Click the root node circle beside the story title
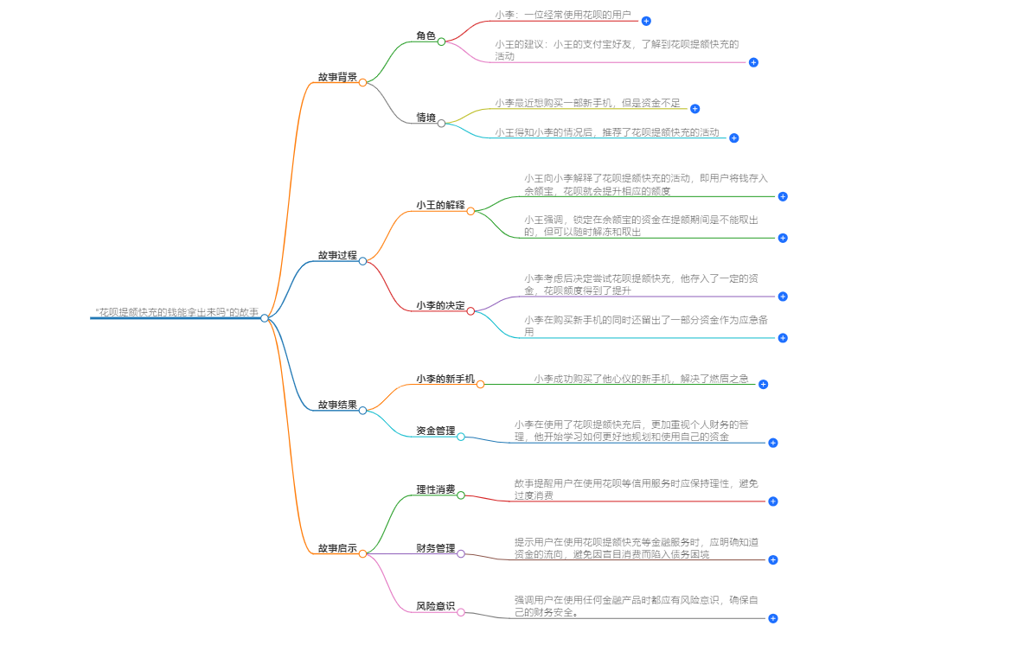click(x=265, y=318)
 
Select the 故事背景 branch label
click(x=337, y=77)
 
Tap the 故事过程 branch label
click(x=337, y=255)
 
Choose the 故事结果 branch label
click(x=337, y=405)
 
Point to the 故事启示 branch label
click(x=337, y=548)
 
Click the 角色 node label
click(x=426, y=36)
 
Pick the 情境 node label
click(x=426, y=118)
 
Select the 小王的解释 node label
click(x=440, y=205)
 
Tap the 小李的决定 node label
click(x=440, y=305)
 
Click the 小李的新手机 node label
click(x=445, y=379)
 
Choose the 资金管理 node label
click(x=435, y=431)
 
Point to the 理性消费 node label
click(x=435, y=489)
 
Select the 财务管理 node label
click(x=435, y=548)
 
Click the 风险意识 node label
click(x=435, y=606)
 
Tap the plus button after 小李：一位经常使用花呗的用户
click(x=646, y=21)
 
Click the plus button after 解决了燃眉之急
click(x=763, y=384)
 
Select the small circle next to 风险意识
click(x=461, y=612)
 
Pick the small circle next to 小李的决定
click(x=470, y=311)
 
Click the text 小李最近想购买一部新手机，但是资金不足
click(x=587, y=103)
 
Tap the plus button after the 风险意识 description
click(x=773, y=618)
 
